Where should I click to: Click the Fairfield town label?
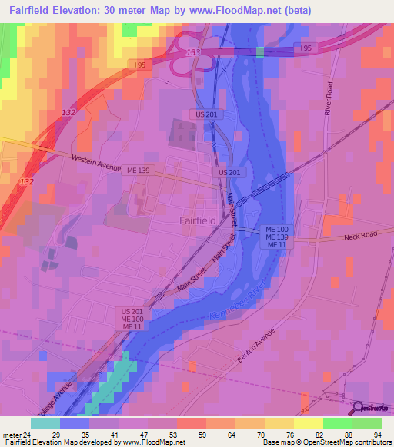click(197, 220)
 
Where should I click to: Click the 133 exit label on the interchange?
click(193, 51)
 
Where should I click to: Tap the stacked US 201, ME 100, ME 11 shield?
click(132, 319)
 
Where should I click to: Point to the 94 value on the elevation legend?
click(376, 434)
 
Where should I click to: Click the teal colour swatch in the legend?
click(45, 423)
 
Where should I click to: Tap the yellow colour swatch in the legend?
click(308, 423)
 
